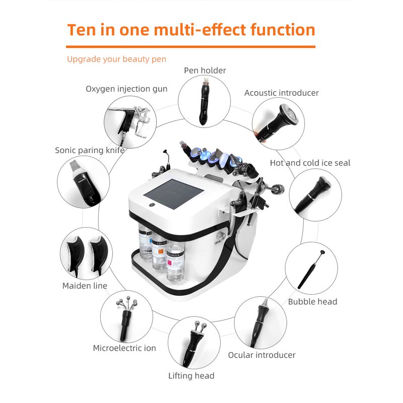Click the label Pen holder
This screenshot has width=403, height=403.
click(205, 71)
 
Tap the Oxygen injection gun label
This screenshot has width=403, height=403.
click(126, 89)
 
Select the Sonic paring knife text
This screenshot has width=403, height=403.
click(90, 150)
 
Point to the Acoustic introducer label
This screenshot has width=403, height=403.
click(282, 93)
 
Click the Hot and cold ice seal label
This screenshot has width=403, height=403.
click(310, 163)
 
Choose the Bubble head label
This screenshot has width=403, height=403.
click(312, 302)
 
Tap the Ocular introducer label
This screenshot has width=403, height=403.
click(261, 355)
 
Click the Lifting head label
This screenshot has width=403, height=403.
click(191, 376)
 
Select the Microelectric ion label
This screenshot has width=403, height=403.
click(124, 348)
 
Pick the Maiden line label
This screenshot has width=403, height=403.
click(85, 286)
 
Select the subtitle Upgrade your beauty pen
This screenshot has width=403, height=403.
click(116, 59)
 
